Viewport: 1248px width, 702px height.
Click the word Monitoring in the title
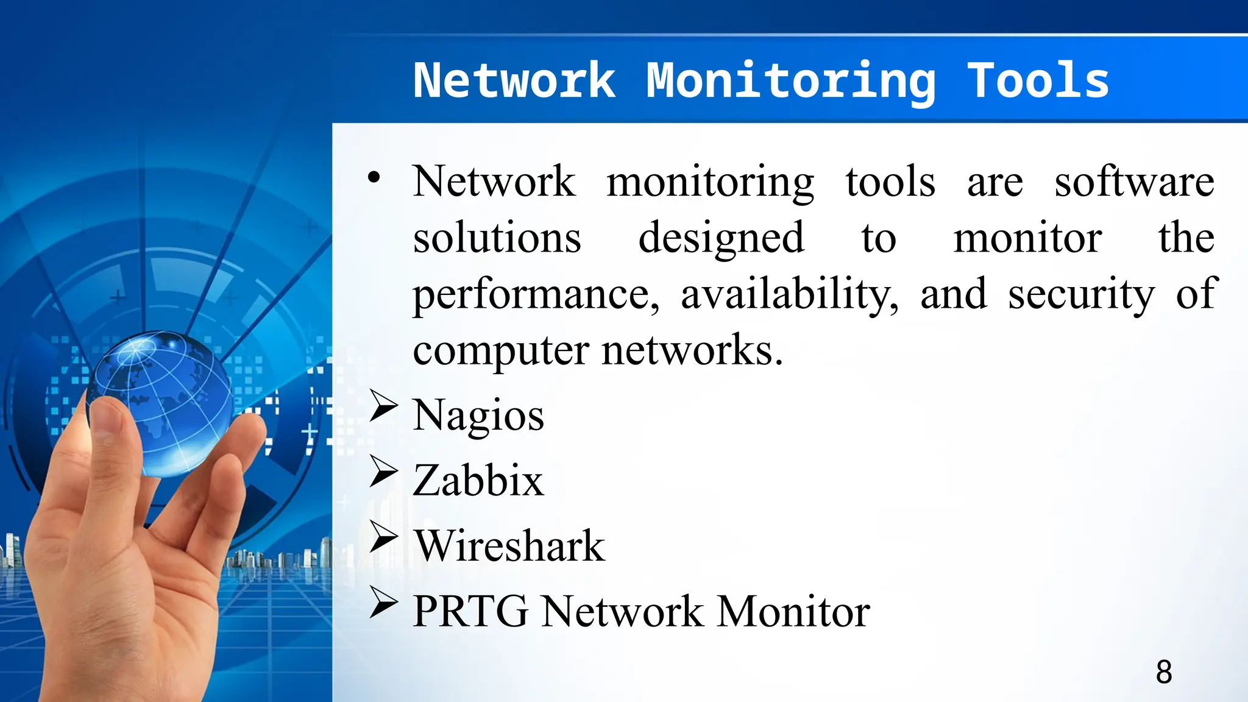790,82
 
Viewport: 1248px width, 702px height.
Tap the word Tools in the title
1038,80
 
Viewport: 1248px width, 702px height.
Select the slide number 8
1163,672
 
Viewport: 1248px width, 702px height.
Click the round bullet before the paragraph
374,178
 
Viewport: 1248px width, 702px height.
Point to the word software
1134,182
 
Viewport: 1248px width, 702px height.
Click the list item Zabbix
478,481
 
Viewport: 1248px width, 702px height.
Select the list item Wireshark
509,546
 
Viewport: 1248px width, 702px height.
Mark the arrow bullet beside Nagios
383,406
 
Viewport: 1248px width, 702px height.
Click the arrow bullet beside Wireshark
383,537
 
